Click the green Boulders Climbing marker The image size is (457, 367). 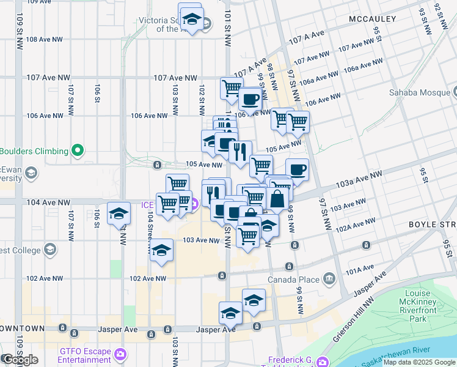click(x=78, y=150)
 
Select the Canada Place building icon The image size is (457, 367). click(x=329, y=280)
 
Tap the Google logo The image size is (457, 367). click(x=20, y=360)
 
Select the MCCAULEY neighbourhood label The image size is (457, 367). click(x=373, y=20)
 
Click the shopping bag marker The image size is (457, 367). click(x=277, y=199)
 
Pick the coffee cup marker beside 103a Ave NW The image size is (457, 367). click(x=297, y=169)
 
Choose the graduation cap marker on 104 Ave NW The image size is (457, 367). click(x=119, y=213)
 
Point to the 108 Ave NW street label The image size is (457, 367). click(x=45, y=39)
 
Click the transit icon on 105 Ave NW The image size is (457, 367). click(x=157, y=165)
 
